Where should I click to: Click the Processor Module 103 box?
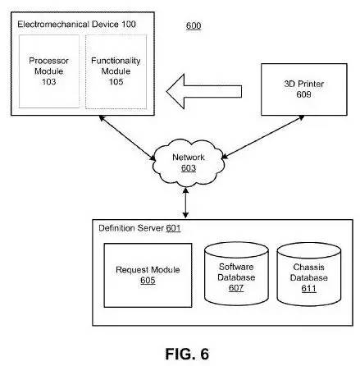coord(49,71)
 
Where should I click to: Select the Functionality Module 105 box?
coord(116,71)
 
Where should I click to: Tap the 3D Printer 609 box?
coord(304,89)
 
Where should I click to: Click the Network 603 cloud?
coord(189,163)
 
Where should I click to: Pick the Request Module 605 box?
coord(148,275)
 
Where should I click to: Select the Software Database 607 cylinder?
coord(236,273)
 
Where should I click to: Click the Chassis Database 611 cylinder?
coord(309,274)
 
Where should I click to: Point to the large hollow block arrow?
coord(204,91)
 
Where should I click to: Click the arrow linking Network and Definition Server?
coord(185,203)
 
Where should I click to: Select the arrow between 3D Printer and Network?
coord(263,137)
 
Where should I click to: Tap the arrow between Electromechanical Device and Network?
coord(127,138)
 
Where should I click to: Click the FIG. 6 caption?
coord(187,354)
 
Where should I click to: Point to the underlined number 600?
coord(194,25)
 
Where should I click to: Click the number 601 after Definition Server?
coord(173,228)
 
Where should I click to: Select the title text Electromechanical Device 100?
coord(76,25)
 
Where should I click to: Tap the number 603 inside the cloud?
coord(189,168)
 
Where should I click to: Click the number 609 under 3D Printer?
coord(303,94)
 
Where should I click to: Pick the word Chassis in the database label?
coord(309,267)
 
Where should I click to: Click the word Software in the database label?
coord(236,267)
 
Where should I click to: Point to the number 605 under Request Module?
coord(148,281)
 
